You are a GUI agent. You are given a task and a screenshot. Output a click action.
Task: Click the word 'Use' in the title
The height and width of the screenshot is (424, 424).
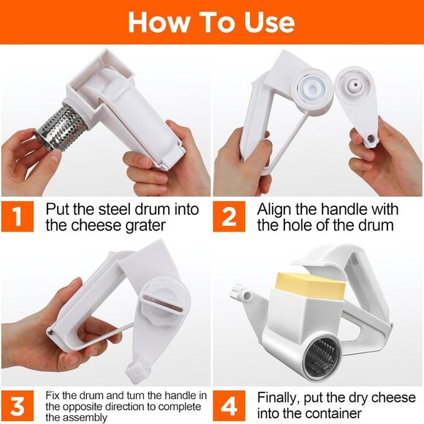262,22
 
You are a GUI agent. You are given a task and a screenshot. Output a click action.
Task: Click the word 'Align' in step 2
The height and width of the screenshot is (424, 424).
274,208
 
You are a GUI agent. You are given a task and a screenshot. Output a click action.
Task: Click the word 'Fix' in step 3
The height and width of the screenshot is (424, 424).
53,395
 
